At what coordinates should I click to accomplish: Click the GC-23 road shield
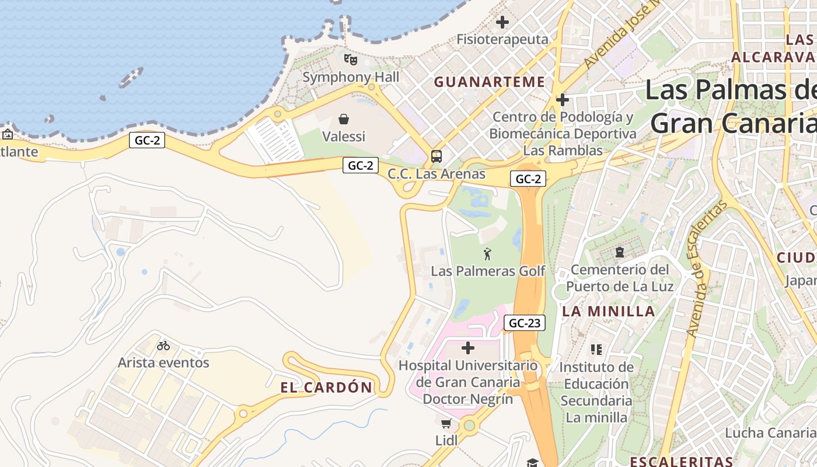(x=524, y=323)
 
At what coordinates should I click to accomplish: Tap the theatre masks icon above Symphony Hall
(x=350, y=59)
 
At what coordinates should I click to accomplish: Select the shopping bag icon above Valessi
(x=344, y=120)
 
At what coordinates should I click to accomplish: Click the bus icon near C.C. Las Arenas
(x=436, y=156)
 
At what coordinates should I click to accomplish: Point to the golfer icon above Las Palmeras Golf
(x=487, y=254)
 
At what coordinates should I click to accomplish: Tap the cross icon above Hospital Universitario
(x=467, y=348)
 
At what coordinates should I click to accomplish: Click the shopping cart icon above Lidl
(x=446, y=423)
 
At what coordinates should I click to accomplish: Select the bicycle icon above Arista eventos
(x=163, y=346)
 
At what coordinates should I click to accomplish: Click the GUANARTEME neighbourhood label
(x=489, y=82)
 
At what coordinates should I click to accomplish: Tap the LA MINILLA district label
(x=609, y=312)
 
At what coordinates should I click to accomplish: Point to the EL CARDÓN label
(x=326, y=388)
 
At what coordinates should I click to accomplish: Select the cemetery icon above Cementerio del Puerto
(x=619, y=253)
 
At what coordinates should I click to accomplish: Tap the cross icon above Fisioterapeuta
(x=502, y=23)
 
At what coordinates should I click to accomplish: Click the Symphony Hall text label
(x=351, y=77)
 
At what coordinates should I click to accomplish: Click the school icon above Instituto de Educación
(x=596, y=350)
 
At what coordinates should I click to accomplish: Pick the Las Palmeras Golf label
(x=488, y=271)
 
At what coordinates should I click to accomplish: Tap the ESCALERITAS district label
(x=681, y=461)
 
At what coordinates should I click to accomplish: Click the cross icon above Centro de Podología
(x=562, y=100)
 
